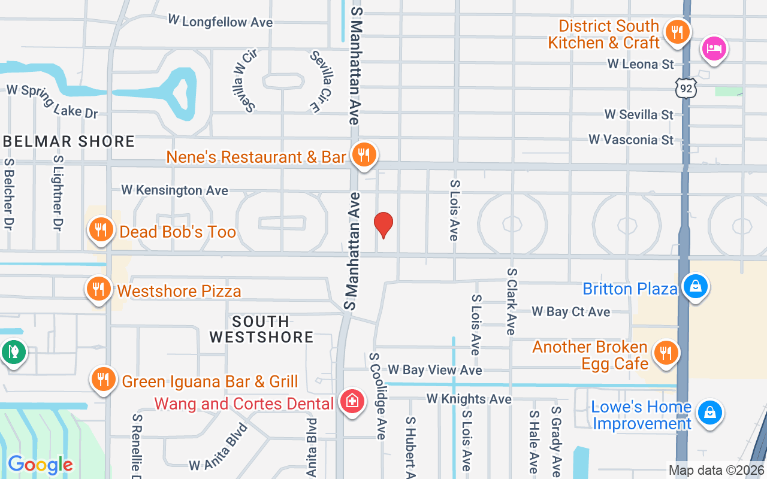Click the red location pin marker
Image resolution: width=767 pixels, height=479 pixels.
tap(383, 225)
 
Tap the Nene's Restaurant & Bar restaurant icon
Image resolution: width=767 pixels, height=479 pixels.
tap(363, 154)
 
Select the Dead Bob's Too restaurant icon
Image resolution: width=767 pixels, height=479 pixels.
tap(101, 230)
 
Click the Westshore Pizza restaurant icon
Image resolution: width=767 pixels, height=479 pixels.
tap(99, 289)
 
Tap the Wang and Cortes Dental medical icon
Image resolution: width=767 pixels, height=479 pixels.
tap(352, 401)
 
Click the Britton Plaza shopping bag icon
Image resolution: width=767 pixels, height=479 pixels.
tap(696, 286)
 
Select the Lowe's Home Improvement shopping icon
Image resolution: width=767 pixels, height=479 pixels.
tap(710, 412)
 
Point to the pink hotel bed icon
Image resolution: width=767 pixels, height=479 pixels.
tap(714, 48)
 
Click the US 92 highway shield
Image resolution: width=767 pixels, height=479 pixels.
tap(686, 88)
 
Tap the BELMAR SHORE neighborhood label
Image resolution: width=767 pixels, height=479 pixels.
tap(69, 142)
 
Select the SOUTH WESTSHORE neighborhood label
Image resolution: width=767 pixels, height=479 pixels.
tap(261, 329)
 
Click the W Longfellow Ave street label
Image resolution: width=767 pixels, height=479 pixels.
tap(220, 22)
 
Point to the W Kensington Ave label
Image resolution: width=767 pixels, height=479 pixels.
tap(174, 190)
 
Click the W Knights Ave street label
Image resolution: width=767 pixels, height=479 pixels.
tap(469, 399)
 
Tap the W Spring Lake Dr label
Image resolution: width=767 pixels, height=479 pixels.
tap(52, 101)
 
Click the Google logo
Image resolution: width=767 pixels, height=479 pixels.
tap(40, 464)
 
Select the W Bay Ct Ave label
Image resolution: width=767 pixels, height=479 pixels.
tap(570, 311)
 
